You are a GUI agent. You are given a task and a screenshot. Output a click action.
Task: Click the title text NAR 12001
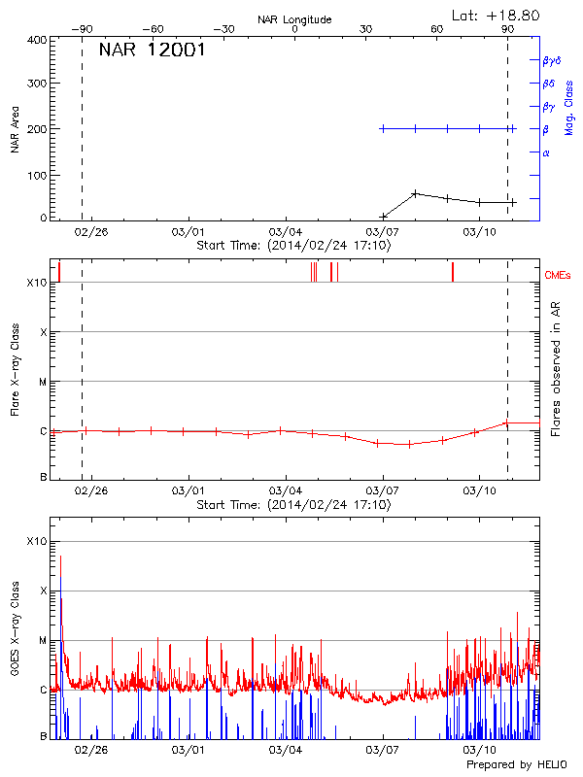point(152,51)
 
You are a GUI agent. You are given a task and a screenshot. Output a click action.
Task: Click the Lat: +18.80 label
point(497,15)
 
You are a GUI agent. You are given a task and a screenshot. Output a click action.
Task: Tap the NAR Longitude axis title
point(294,19)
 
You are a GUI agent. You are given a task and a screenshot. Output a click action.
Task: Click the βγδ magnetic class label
point(552,60)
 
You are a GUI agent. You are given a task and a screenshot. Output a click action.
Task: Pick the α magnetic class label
point(546,152)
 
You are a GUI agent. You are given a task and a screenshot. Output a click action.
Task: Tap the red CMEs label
point(559,276)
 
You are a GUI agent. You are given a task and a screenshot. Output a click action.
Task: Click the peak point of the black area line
point(415,193)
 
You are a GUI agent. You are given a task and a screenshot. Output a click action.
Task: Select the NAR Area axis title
point(15,129)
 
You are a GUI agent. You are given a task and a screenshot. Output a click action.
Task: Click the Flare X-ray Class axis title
point(15,368)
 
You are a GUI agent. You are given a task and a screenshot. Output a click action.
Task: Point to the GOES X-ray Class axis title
point(15,636)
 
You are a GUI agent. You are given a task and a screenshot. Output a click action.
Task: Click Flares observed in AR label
point(555,368)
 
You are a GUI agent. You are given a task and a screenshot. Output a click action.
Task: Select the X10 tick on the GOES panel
point(37,541)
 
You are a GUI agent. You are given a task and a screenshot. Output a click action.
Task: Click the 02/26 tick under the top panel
point(90,233)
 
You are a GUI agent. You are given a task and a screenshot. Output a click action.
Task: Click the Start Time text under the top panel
point(293,246)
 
